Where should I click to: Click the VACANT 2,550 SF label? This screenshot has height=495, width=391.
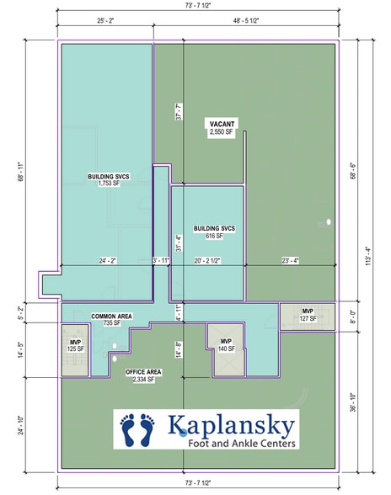[222, 128]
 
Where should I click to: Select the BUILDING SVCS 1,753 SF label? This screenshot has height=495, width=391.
[109, 179]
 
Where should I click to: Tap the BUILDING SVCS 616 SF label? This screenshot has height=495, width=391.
[214, 232]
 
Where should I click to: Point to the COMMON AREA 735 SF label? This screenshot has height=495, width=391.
[111, 320]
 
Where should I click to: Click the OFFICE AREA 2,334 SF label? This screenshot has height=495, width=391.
[143, 375]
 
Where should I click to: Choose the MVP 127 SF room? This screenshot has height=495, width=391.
[308, 317]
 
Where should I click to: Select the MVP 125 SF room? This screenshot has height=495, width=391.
[75, 350]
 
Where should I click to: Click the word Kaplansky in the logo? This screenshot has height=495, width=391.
[231, 425]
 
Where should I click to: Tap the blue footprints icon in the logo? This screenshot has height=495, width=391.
[137, 430]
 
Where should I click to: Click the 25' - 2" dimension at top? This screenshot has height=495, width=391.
[105, 21]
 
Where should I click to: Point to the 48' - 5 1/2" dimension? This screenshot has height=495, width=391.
[246, 21]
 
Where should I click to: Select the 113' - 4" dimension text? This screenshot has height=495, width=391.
[368, 256]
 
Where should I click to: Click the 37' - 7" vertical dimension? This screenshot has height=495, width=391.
[179, 111]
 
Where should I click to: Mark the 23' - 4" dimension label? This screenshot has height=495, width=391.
[291, 261]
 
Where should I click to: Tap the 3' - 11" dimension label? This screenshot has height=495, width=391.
[161, 261]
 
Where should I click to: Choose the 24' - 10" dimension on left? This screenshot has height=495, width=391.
[21, 425]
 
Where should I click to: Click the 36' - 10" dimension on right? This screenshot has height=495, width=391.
[353, 402]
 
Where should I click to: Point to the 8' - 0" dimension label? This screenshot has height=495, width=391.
[353, 317]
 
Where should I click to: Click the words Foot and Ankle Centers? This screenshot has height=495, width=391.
[242, 443]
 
